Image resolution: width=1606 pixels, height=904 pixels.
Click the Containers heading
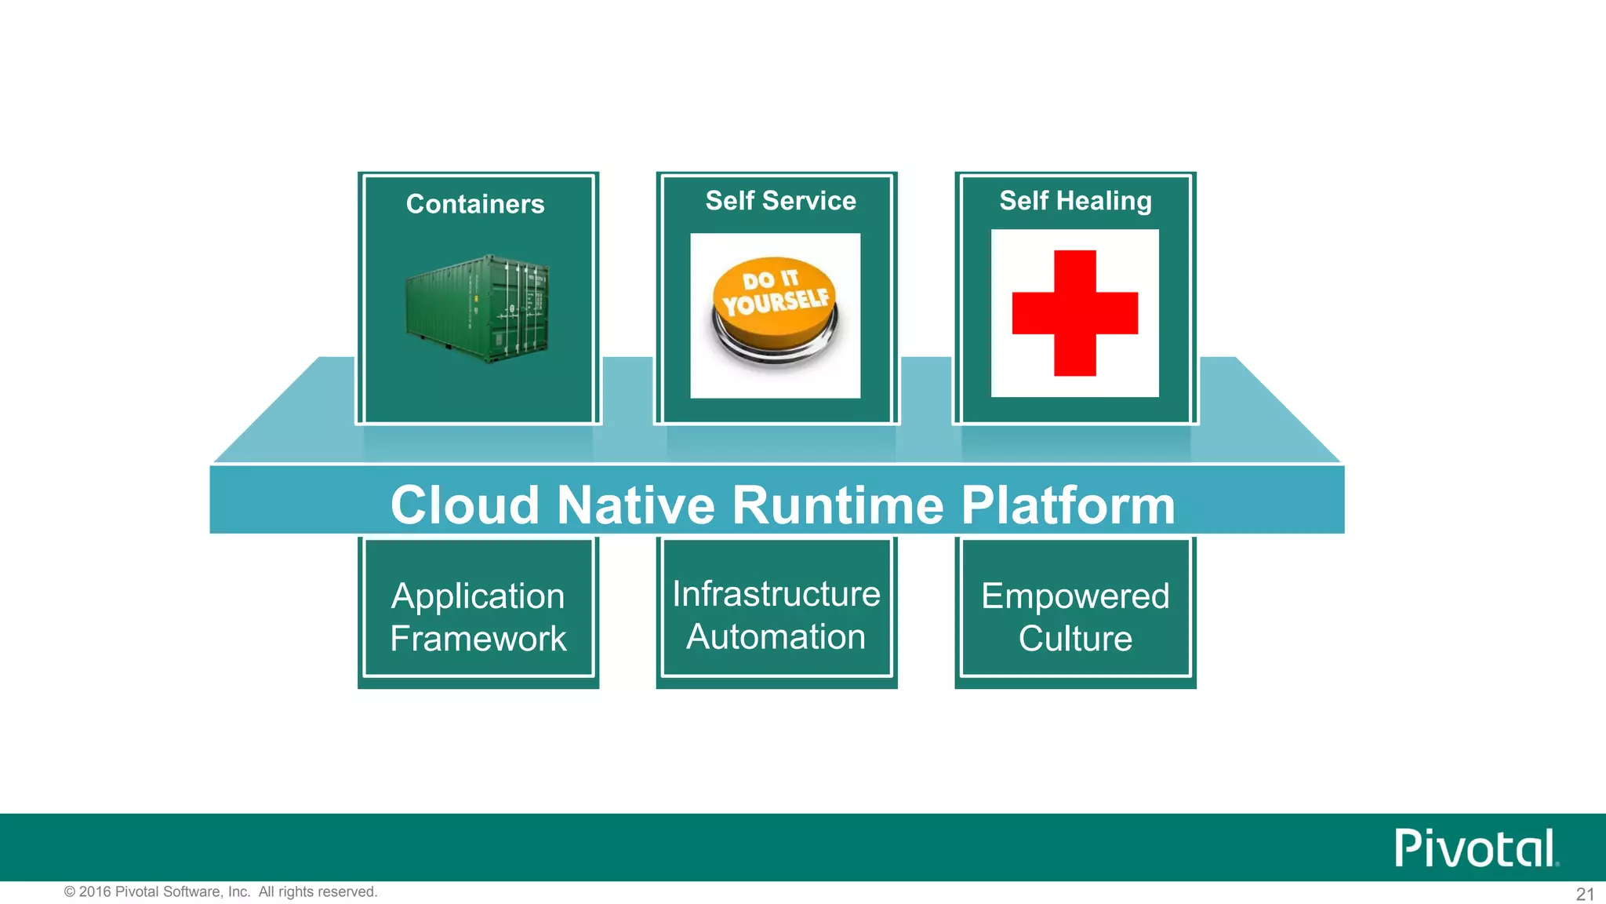(x=475, y=204)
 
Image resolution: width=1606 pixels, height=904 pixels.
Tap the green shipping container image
(x=478, y=308)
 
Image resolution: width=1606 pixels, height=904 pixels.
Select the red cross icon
(x=1074, y=313)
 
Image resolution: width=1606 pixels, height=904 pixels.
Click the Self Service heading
(x=780, y=201)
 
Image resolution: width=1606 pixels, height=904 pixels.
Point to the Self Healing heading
(x=1075, y=201)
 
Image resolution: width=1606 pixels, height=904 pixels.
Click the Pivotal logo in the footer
(x=1475, y=848)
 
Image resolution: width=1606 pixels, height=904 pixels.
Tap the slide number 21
(x=1585, y=894)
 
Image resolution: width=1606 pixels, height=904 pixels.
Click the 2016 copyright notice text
(x=220, y=891)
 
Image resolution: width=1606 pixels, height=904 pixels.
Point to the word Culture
(x=1075, y=639)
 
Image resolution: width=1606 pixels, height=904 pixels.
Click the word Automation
(x=776, y=636)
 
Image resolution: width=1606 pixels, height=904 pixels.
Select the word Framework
(x=478, y=639)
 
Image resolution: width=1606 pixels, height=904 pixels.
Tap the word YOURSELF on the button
(x=776, y=301)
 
